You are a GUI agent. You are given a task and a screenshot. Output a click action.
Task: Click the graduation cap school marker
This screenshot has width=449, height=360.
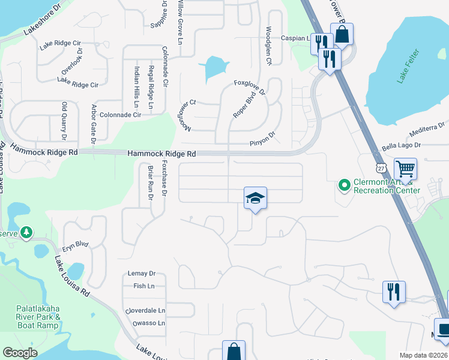pos(255,198)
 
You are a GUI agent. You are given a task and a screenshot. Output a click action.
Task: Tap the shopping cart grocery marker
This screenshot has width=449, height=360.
pos(405,169)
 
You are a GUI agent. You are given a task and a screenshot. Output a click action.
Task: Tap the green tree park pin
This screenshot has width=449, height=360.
pos(26,232)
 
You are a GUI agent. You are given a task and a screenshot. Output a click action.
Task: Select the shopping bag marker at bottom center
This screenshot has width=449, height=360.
pos(234,351)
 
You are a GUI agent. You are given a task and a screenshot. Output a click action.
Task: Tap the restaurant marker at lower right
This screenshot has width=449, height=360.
pos(394,292)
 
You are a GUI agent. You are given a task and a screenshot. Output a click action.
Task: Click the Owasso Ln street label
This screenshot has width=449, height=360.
pos(144,323)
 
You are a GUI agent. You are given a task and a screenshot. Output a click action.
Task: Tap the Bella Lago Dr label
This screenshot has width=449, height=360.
pos(402,146)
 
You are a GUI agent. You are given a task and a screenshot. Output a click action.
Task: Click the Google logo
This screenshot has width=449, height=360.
pos(19,352)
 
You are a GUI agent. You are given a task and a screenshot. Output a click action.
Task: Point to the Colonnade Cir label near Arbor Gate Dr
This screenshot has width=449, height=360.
pos(120,115)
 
